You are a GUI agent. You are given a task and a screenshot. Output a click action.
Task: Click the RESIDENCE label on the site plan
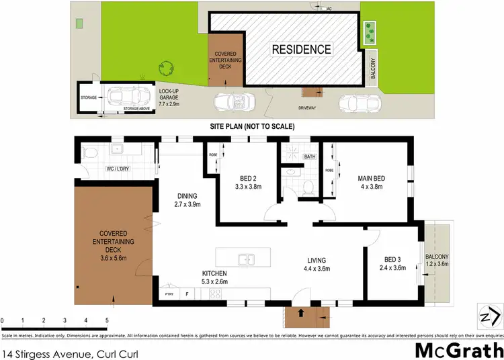301,49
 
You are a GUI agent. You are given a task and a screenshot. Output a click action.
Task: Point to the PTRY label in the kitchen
169,294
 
